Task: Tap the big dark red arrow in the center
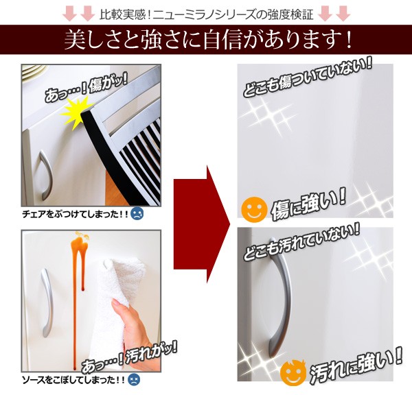click(x=202, y=225)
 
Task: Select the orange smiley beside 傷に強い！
click(x=254, y=208)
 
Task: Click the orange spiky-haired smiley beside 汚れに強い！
click(x=293, y=372)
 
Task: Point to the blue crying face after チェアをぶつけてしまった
click(x=137, y=214)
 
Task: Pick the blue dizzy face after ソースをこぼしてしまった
click(x=134, y=380)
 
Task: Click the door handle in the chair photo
click(x=45, y=175)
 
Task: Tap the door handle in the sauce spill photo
click(x=47, y=302)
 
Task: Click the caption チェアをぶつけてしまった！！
click(x=75, y=215)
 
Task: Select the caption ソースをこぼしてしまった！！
click(x=73, y=380)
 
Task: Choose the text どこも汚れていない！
click(x=301, y=241)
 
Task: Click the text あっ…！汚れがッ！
click(x=130, y=358)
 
